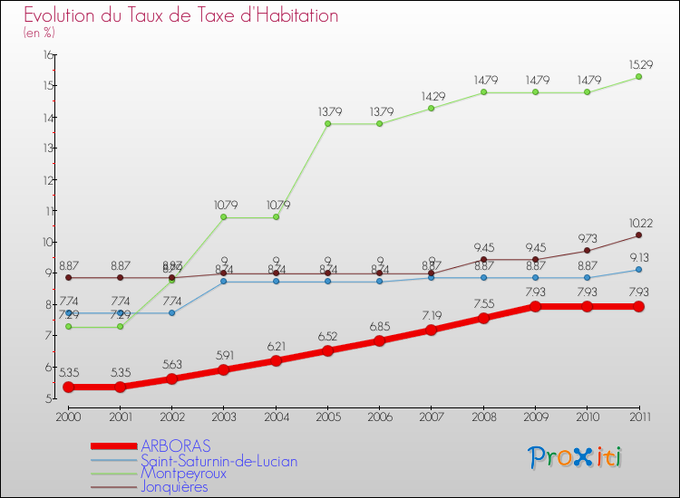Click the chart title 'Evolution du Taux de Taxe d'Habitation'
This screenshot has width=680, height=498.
coord(181,16)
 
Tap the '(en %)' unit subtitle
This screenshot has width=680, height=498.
coord(39,33)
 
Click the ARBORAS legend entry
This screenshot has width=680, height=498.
coord(175,445)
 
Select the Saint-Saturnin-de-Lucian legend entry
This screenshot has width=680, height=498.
coord(219,460)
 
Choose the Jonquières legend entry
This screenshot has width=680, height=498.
coord(174,486)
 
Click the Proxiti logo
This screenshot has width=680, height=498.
coord(575,457)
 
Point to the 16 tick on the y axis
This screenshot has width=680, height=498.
coord(48,55)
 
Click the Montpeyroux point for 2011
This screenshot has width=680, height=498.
coord(638,77)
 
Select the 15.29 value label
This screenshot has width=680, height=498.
coord(638,63)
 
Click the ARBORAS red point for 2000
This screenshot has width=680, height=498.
coord(68,387)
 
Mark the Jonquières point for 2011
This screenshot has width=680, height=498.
coord(638,235)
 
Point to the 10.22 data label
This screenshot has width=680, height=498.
coord(638,223)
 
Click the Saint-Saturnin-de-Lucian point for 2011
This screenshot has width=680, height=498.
coord(638,270)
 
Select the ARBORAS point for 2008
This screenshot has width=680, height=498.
coord(483,318)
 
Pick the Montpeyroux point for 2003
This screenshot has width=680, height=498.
coord(224,217)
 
